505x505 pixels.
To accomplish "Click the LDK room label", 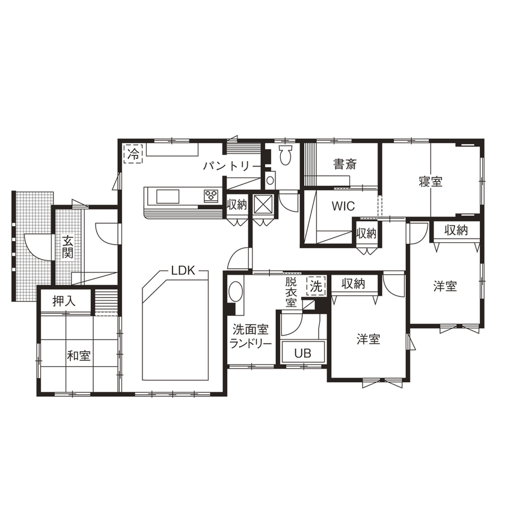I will click(x=183, y=271).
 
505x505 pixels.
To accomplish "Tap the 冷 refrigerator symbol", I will click(x=133, y=153).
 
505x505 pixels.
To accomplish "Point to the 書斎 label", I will click(x=346, y=163).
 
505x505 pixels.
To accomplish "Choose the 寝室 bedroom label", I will click(x=430, y=181).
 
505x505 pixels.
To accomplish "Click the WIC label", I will click(x=343, y=206).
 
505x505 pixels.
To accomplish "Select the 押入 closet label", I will click(x=64, y=301).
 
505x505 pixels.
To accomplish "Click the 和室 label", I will click(x=79, y=356).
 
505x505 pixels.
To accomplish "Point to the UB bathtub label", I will click(x=302, y=353).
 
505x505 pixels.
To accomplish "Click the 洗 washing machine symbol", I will click(x=315, y=286).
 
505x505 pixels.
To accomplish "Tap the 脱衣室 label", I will click(x=291, y=292).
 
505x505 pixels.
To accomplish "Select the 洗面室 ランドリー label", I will click(x=251, y=336).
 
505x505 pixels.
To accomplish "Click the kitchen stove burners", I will click(x=212, y=195).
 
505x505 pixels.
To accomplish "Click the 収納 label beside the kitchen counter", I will click(x=237, y=204).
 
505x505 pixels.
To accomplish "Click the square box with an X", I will click(x=263, y=204).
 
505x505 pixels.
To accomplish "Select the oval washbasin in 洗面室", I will click(x=236, y=294).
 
